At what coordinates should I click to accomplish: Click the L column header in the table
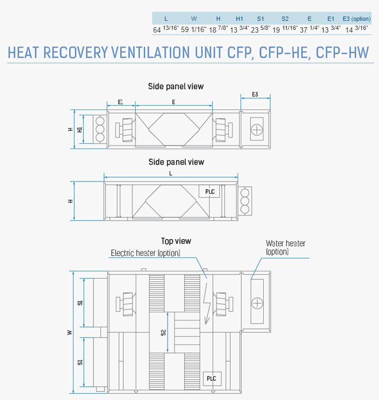point(166,19)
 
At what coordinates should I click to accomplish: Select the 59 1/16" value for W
point(194,29)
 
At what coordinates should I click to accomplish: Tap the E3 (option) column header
point(357,19)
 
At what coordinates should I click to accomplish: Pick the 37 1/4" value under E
point(310,29)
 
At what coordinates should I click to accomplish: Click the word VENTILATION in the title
point(151,52)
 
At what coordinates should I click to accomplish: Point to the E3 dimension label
point(255,95)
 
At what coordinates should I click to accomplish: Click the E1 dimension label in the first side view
point(121,102)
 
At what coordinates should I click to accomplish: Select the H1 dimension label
point(80,129)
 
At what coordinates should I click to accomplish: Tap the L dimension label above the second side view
point(171,174)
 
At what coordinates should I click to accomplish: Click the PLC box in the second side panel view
point(209,191)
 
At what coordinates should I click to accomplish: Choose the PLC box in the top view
point(212,379)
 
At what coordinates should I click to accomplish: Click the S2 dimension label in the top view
point(163,332)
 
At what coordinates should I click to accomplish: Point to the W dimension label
point(69,332)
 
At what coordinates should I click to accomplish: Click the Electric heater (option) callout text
point(145,253)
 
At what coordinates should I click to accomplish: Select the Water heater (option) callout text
point(286,247)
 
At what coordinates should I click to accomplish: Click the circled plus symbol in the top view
point(257,303)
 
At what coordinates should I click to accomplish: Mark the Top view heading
point(176,241)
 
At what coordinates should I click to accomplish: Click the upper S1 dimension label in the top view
point(80,303)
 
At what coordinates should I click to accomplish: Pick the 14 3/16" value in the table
point(357,29)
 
